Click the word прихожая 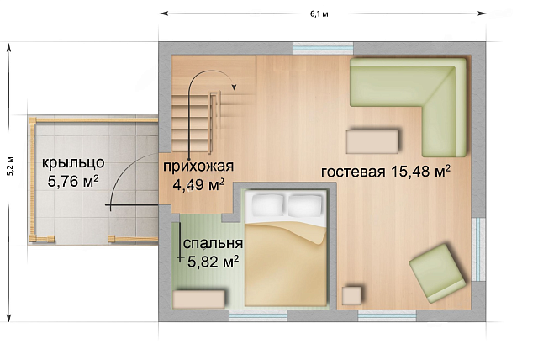(x=198, y=165)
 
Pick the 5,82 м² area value (x=209, y=261)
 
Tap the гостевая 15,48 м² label (x=385, y=172)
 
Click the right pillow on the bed (x=305, y=204)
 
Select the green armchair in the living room (x=440, y=273)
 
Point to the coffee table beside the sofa (x=373, y=140)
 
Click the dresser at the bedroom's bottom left (x=198, y=299)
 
